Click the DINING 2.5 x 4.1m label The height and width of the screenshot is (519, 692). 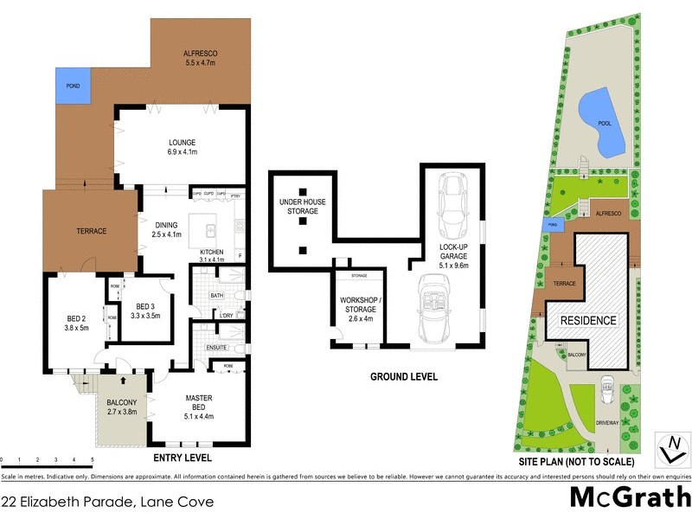(165, 230)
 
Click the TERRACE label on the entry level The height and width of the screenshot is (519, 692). (90, 231)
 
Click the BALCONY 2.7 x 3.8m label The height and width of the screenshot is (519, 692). (121, 407)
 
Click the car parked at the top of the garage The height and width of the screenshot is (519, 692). (454, 208)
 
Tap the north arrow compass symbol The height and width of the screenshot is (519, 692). (672, 449)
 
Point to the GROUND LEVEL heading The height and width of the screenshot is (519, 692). (403, 377)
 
